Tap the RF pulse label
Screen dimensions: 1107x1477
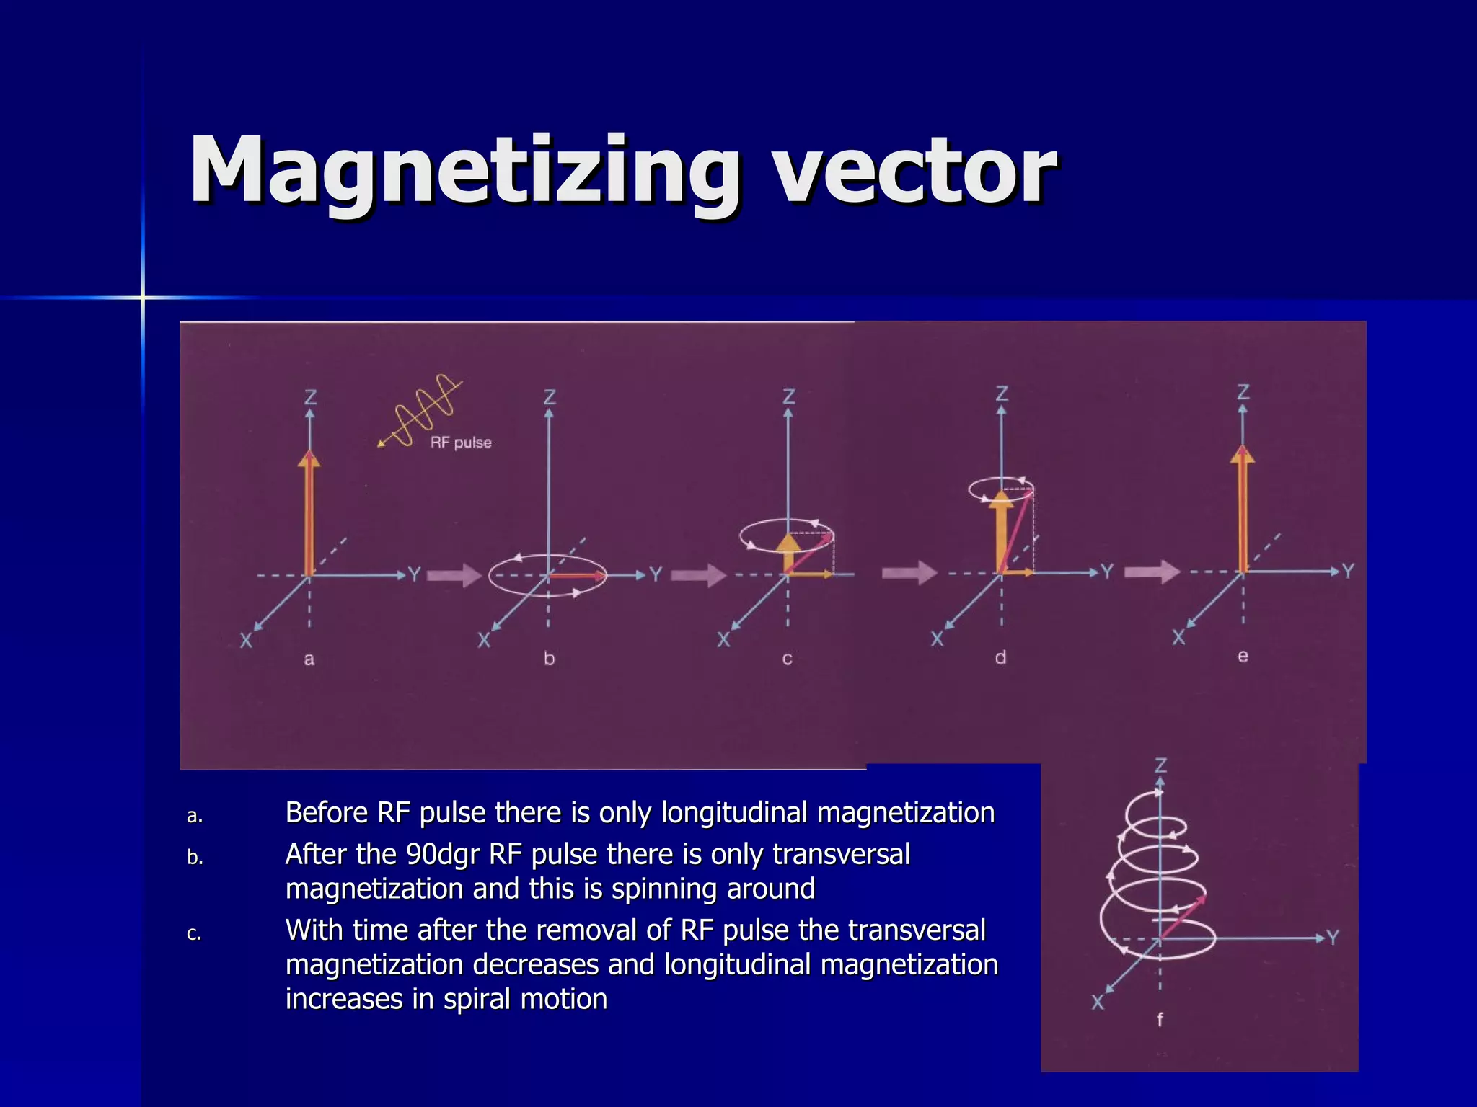[x=461, y=443]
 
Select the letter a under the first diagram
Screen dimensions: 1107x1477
[x=309, y=659]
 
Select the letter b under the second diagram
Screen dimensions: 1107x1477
[x=549, y=659]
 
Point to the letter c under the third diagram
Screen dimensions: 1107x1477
[x=788, y=659]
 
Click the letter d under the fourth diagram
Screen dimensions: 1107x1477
[x=1000, y=657]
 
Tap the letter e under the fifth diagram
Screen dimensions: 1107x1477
[x=1243, y=656]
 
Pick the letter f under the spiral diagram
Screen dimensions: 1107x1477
[x=1160, y=1019]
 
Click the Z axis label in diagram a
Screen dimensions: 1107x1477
[x=310, y=397]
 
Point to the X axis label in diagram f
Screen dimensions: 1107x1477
[x=1098, y=1002]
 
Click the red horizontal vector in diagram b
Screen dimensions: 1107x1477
[x=577, y=575]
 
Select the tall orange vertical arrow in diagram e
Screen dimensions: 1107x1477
[x=1243, y=512]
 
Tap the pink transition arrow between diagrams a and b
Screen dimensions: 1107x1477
[x=454, y=575]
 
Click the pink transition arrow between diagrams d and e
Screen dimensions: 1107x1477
[x=1152, y=572]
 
